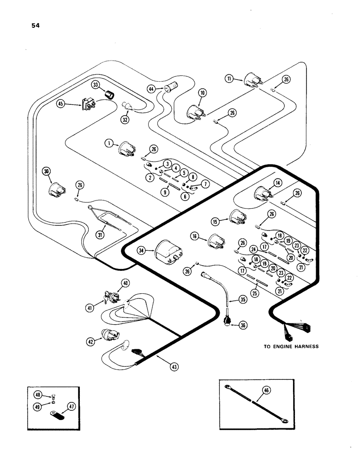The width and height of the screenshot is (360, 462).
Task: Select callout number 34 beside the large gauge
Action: point(142,250)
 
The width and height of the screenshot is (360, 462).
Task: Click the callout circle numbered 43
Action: point(174,367)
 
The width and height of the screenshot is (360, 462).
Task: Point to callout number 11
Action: point(229,79)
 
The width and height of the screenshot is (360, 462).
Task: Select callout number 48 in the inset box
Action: point(39,395)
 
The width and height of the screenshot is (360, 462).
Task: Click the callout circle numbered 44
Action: point(151,88)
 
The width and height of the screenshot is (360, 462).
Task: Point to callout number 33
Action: point(95,85)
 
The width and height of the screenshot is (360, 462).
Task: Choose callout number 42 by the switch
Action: point(90,342)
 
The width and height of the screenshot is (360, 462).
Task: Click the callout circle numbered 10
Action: point(202,93)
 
